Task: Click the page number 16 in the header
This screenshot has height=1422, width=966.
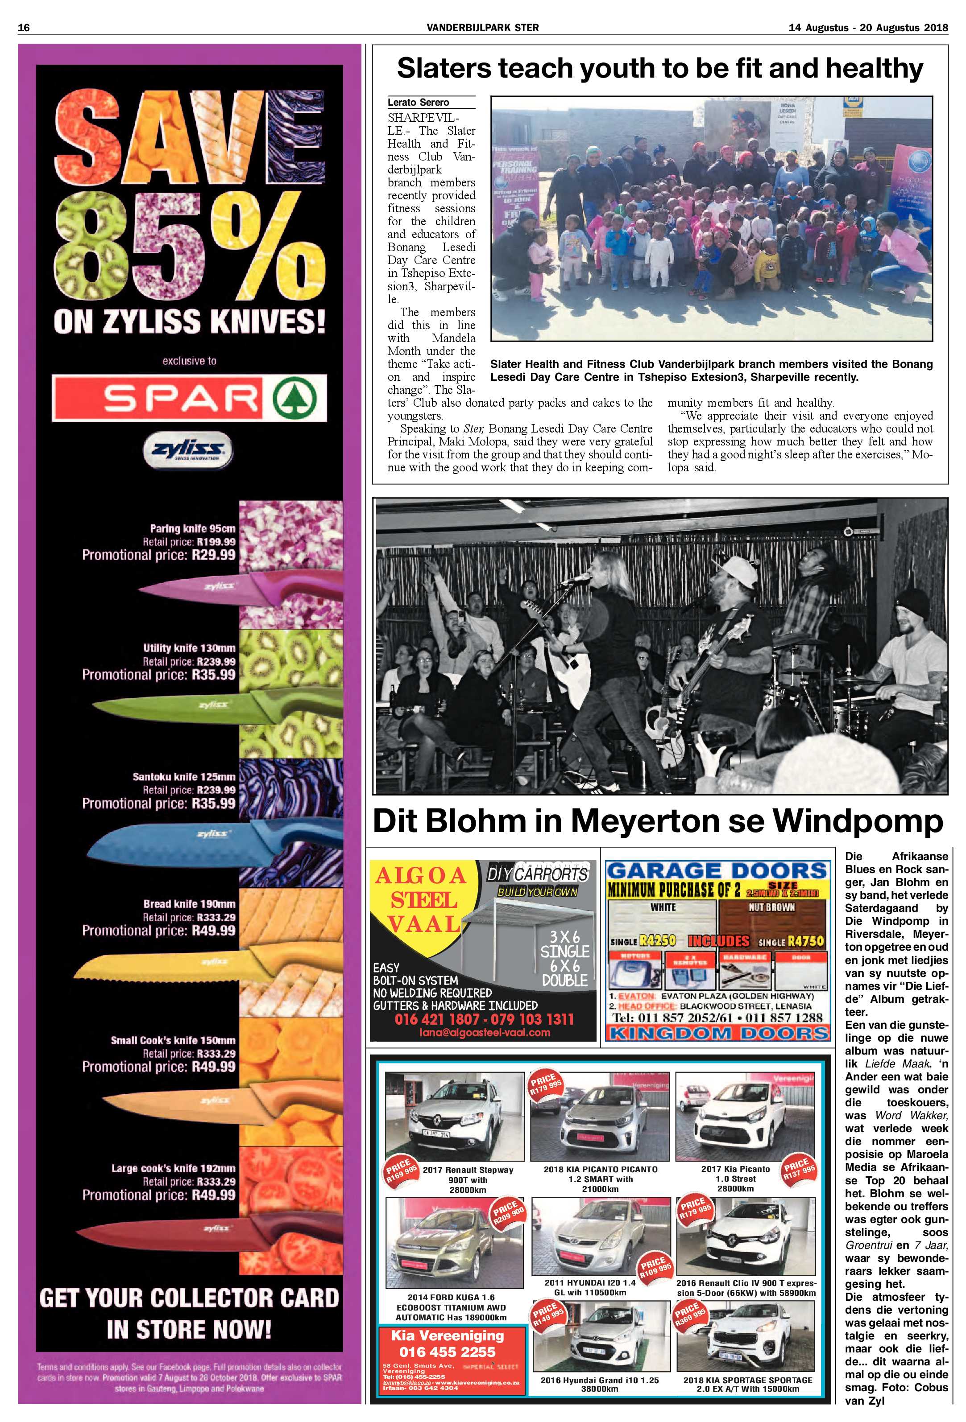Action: (x=24, y=28)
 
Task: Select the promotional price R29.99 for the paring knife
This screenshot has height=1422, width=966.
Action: (x=213, y=556)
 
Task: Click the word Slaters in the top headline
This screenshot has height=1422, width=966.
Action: (x=443, y=69)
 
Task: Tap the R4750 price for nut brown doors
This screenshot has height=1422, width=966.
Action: (x=806, y=941)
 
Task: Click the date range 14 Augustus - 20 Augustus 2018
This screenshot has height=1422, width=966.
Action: (x=868, y=28)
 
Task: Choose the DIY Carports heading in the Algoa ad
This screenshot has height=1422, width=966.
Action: (x=538, y=874)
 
